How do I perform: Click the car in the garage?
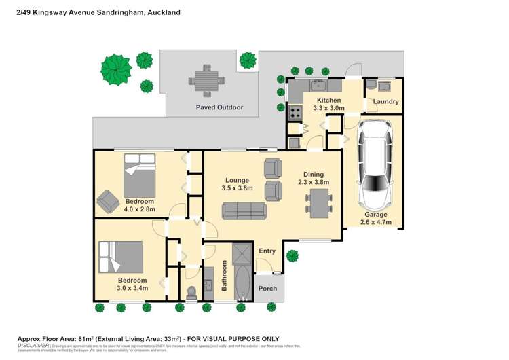tap(375, 164)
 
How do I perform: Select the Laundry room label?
tap(385, 102)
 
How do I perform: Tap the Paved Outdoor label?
tap(219, 107)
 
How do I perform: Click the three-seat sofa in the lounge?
tap(243, 211)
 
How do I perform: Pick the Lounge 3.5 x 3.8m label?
tap(238, 184)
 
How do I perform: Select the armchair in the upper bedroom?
tap(107, 200)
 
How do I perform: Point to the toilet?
tap(191, 292)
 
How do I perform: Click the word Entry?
tap(267, 251)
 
